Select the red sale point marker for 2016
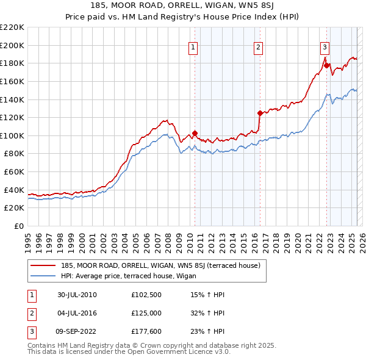click(260, 113)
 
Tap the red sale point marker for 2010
click(195, 133)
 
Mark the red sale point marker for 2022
click(327, 65)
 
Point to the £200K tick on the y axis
click(12, 45)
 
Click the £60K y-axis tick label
click(14, 171)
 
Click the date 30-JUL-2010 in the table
click(77, 294)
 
